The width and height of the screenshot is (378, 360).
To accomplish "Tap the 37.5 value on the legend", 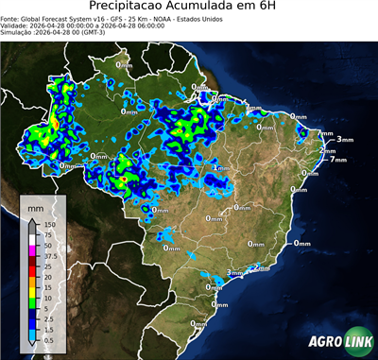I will click(50, 256).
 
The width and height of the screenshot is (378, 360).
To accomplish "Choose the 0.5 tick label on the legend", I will click(47, 338).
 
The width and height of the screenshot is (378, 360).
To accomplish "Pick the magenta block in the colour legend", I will click(33, 250).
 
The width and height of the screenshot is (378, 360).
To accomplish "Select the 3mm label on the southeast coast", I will click(233, 273).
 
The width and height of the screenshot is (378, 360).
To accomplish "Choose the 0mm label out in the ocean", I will click(301, 243).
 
